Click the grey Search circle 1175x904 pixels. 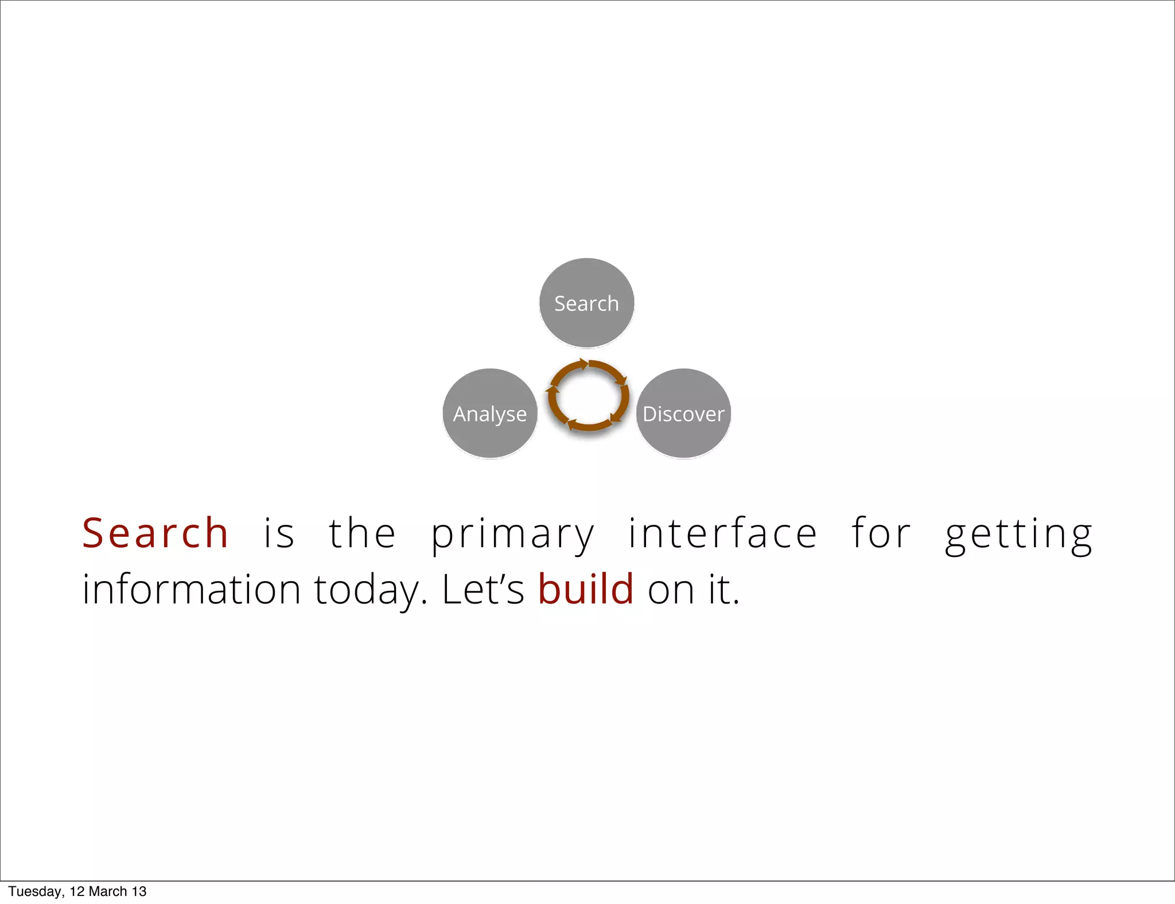point(586,303)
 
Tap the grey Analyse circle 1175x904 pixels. point(490,414)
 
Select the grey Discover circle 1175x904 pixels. point(683,414)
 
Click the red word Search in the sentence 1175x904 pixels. point(155,533)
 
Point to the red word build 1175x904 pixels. point(586,590)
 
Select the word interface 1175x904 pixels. point(722,533)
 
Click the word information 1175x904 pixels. point(192,590)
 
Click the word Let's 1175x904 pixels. point(483,590)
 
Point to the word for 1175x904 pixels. point(881,533)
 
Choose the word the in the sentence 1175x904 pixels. point(362,533)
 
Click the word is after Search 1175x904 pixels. point(279,533)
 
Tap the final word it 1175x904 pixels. point(723,590)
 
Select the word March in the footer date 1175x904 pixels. point(108,891)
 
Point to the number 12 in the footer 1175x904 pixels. point(77,891)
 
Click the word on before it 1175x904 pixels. point(669,591)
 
